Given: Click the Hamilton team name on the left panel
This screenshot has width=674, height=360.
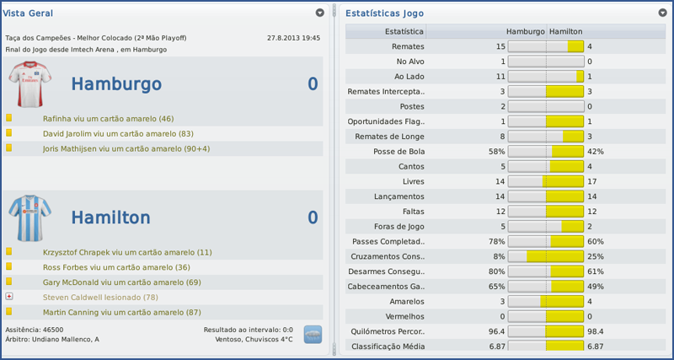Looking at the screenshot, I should pos(110,218).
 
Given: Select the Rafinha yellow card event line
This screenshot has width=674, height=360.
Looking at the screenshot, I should pos(108,119).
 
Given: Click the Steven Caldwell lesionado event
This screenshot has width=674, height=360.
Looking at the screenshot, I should pos(100,297).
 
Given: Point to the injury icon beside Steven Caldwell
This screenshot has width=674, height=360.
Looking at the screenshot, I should pos(9,297).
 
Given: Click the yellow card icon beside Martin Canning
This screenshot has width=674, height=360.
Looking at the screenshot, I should pos(9,312).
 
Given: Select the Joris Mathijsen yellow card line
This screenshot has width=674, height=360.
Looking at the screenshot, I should pos(126,148).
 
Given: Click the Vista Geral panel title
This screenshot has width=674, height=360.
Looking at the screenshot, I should pos(25,13).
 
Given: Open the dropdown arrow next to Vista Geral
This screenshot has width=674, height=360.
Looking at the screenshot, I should pos(320,13).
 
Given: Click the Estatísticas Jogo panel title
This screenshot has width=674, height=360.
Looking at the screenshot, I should pos(384,13).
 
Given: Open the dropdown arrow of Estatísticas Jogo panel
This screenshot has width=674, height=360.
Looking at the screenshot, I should pos(661,13).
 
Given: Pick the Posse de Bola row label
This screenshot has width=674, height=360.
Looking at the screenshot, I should pos(399,152).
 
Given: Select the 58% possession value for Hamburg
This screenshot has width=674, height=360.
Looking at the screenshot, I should pos(496,152).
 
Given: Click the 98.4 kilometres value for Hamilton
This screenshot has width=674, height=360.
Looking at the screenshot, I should pos(596,331).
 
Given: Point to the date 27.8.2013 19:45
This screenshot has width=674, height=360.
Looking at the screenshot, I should pos(293,38).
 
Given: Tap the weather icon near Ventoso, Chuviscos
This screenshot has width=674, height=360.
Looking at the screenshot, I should pos(313,334).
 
